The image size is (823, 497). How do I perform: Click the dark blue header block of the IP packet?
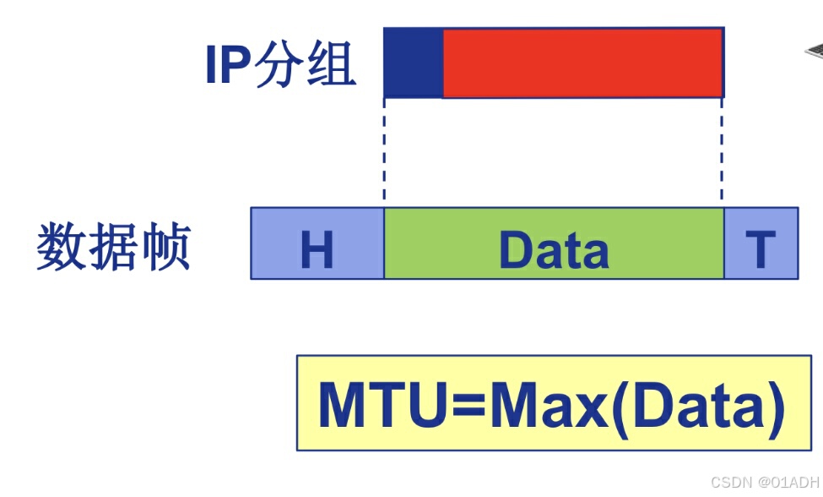(413, 63)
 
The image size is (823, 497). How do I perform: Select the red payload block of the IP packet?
(582, 63)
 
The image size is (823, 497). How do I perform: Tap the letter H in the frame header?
(317, 249)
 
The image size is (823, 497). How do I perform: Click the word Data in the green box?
(554, 249)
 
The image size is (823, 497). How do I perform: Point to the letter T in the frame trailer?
(761, 248)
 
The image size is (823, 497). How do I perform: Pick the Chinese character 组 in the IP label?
(331, 64)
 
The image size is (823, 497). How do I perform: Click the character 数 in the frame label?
(61, 248)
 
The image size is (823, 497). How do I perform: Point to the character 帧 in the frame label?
(165, 248)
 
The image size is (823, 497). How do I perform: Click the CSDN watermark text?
(731, 483)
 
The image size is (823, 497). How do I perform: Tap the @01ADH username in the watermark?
(787, 483)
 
